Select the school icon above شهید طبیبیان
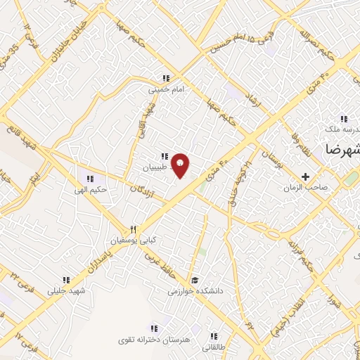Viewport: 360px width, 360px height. click(164, 156)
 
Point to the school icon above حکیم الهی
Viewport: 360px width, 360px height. click(89, 178)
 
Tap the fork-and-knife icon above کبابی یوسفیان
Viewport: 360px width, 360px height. click(133, 229)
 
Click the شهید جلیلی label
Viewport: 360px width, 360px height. click(67, 290)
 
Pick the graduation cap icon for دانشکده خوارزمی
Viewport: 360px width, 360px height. click(193, 279)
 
